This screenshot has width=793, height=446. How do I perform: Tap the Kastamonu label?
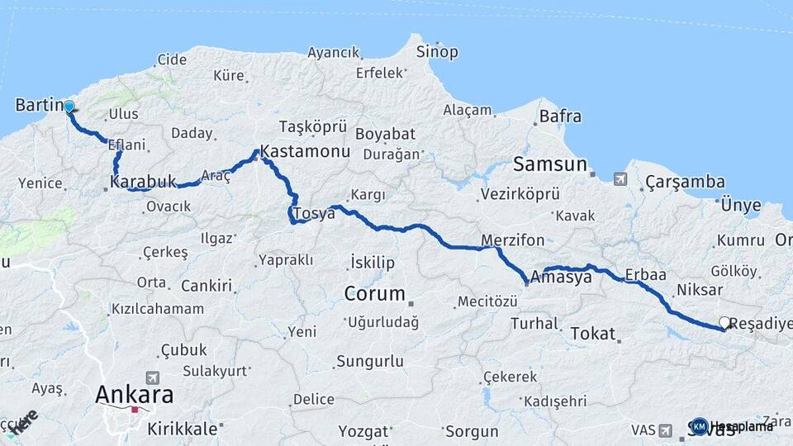coord(305,153)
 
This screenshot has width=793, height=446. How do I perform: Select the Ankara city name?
coord(135,394)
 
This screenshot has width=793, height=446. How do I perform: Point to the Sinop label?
coord(438,52)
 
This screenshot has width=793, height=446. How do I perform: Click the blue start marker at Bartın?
coord(69,107)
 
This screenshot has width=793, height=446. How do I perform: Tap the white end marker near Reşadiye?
coord(724,323)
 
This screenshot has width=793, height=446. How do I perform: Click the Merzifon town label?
coord(513,240)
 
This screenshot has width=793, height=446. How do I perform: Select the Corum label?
coord(375,293)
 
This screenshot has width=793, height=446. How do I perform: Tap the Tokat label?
coord(593,334)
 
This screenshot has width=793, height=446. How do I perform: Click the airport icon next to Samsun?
coord(620,178)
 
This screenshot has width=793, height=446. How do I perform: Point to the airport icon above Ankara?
coord(152,377)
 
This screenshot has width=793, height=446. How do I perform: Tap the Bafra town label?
coord(560,116)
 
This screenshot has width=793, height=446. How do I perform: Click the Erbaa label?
coord(646,273)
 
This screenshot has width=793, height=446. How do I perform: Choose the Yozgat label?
coord(364,431)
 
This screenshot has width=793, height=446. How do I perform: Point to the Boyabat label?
coord(382,134)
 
